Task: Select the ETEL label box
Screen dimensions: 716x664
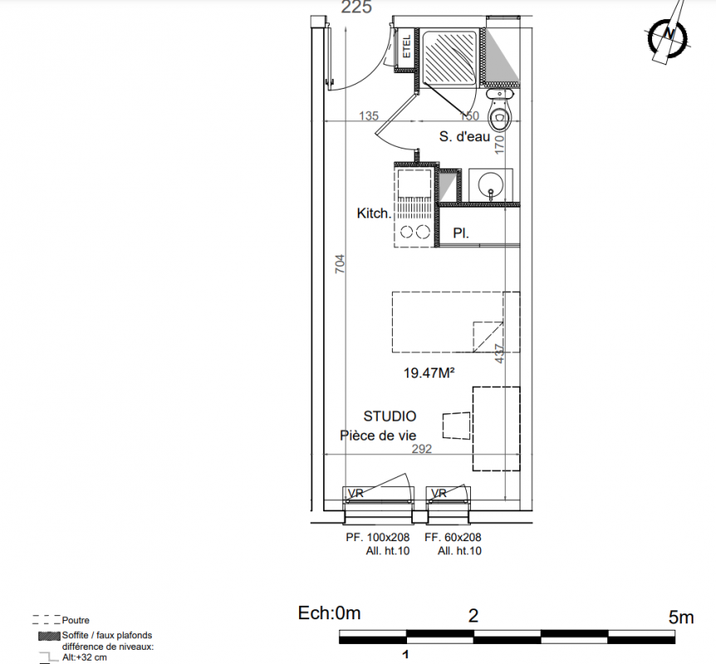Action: (405, 46)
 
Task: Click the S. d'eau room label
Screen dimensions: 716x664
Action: (464, 136)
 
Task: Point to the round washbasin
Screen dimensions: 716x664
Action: (490, 185)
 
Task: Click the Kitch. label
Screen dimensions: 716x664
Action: (374, 213)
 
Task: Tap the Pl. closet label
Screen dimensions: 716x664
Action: (461, 233)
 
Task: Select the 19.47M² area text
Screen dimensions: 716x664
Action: (429, 373)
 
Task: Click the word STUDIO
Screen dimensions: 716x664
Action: (390, 416)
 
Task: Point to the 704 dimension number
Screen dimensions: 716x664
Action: (340, 264)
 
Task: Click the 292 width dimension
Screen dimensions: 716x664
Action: (421, 449)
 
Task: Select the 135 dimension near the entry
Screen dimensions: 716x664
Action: (369, 116)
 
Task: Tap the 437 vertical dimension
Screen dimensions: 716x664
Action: (499, 354)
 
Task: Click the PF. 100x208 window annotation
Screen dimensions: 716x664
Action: (377, 538)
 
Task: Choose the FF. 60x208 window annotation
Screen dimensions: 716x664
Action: (453, 538)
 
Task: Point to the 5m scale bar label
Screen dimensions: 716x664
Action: (681, 617)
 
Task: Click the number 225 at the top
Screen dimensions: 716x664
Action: (356, 7)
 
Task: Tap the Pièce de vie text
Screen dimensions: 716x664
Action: (378, 436)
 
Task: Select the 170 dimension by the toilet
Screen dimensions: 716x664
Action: (499, 144)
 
